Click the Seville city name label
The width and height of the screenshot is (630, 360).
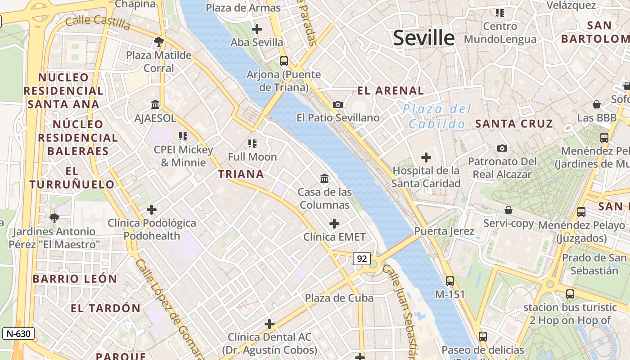(x=423, y=38)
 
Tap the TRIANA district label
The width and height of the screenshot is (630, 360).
(x=241, y=174)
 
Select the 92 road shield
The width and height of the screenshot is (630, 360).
(x=362, y=258)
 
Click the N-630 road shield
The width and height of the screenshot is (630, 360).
(x=18, y=333)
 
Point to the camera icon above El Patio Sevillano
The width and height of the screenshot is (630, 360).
(x=337, y=104)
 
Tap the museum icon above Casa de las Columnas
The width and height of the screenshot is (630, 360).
(x=324, y=179)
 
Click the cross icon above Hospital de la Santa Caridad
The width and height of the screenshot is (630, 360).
(x=426, y=157)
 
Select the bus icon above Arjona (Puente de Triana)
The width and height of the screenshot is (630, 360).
(x=283, y=61)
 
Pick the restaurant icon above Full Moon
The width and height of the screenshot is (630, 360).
(x=252, y=144)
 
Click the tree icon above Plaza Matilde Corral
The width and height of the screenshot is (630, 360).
(x=158, y=42)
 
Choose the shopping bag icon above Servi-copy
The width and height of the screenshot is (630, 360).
(x=508, y=210)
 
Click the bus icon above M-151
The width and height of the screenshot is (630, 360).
(x=450, y=281)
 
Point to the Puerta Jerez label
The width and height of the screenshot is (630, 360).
(x=444, y=231)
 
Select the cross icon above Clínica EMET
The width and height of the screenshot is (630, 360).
(x=334, y=224)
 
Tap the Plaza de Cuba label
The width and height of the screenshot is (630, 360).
(x=339, y=298)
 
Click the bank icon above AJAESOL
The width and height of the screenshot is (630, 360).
(x=155, y=105)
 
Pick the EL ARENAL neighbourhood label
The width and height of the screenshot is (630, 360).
(x=390, y=90)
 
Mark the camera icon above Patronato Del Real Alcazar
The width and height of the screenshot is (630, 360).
(x=502, y=148)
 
